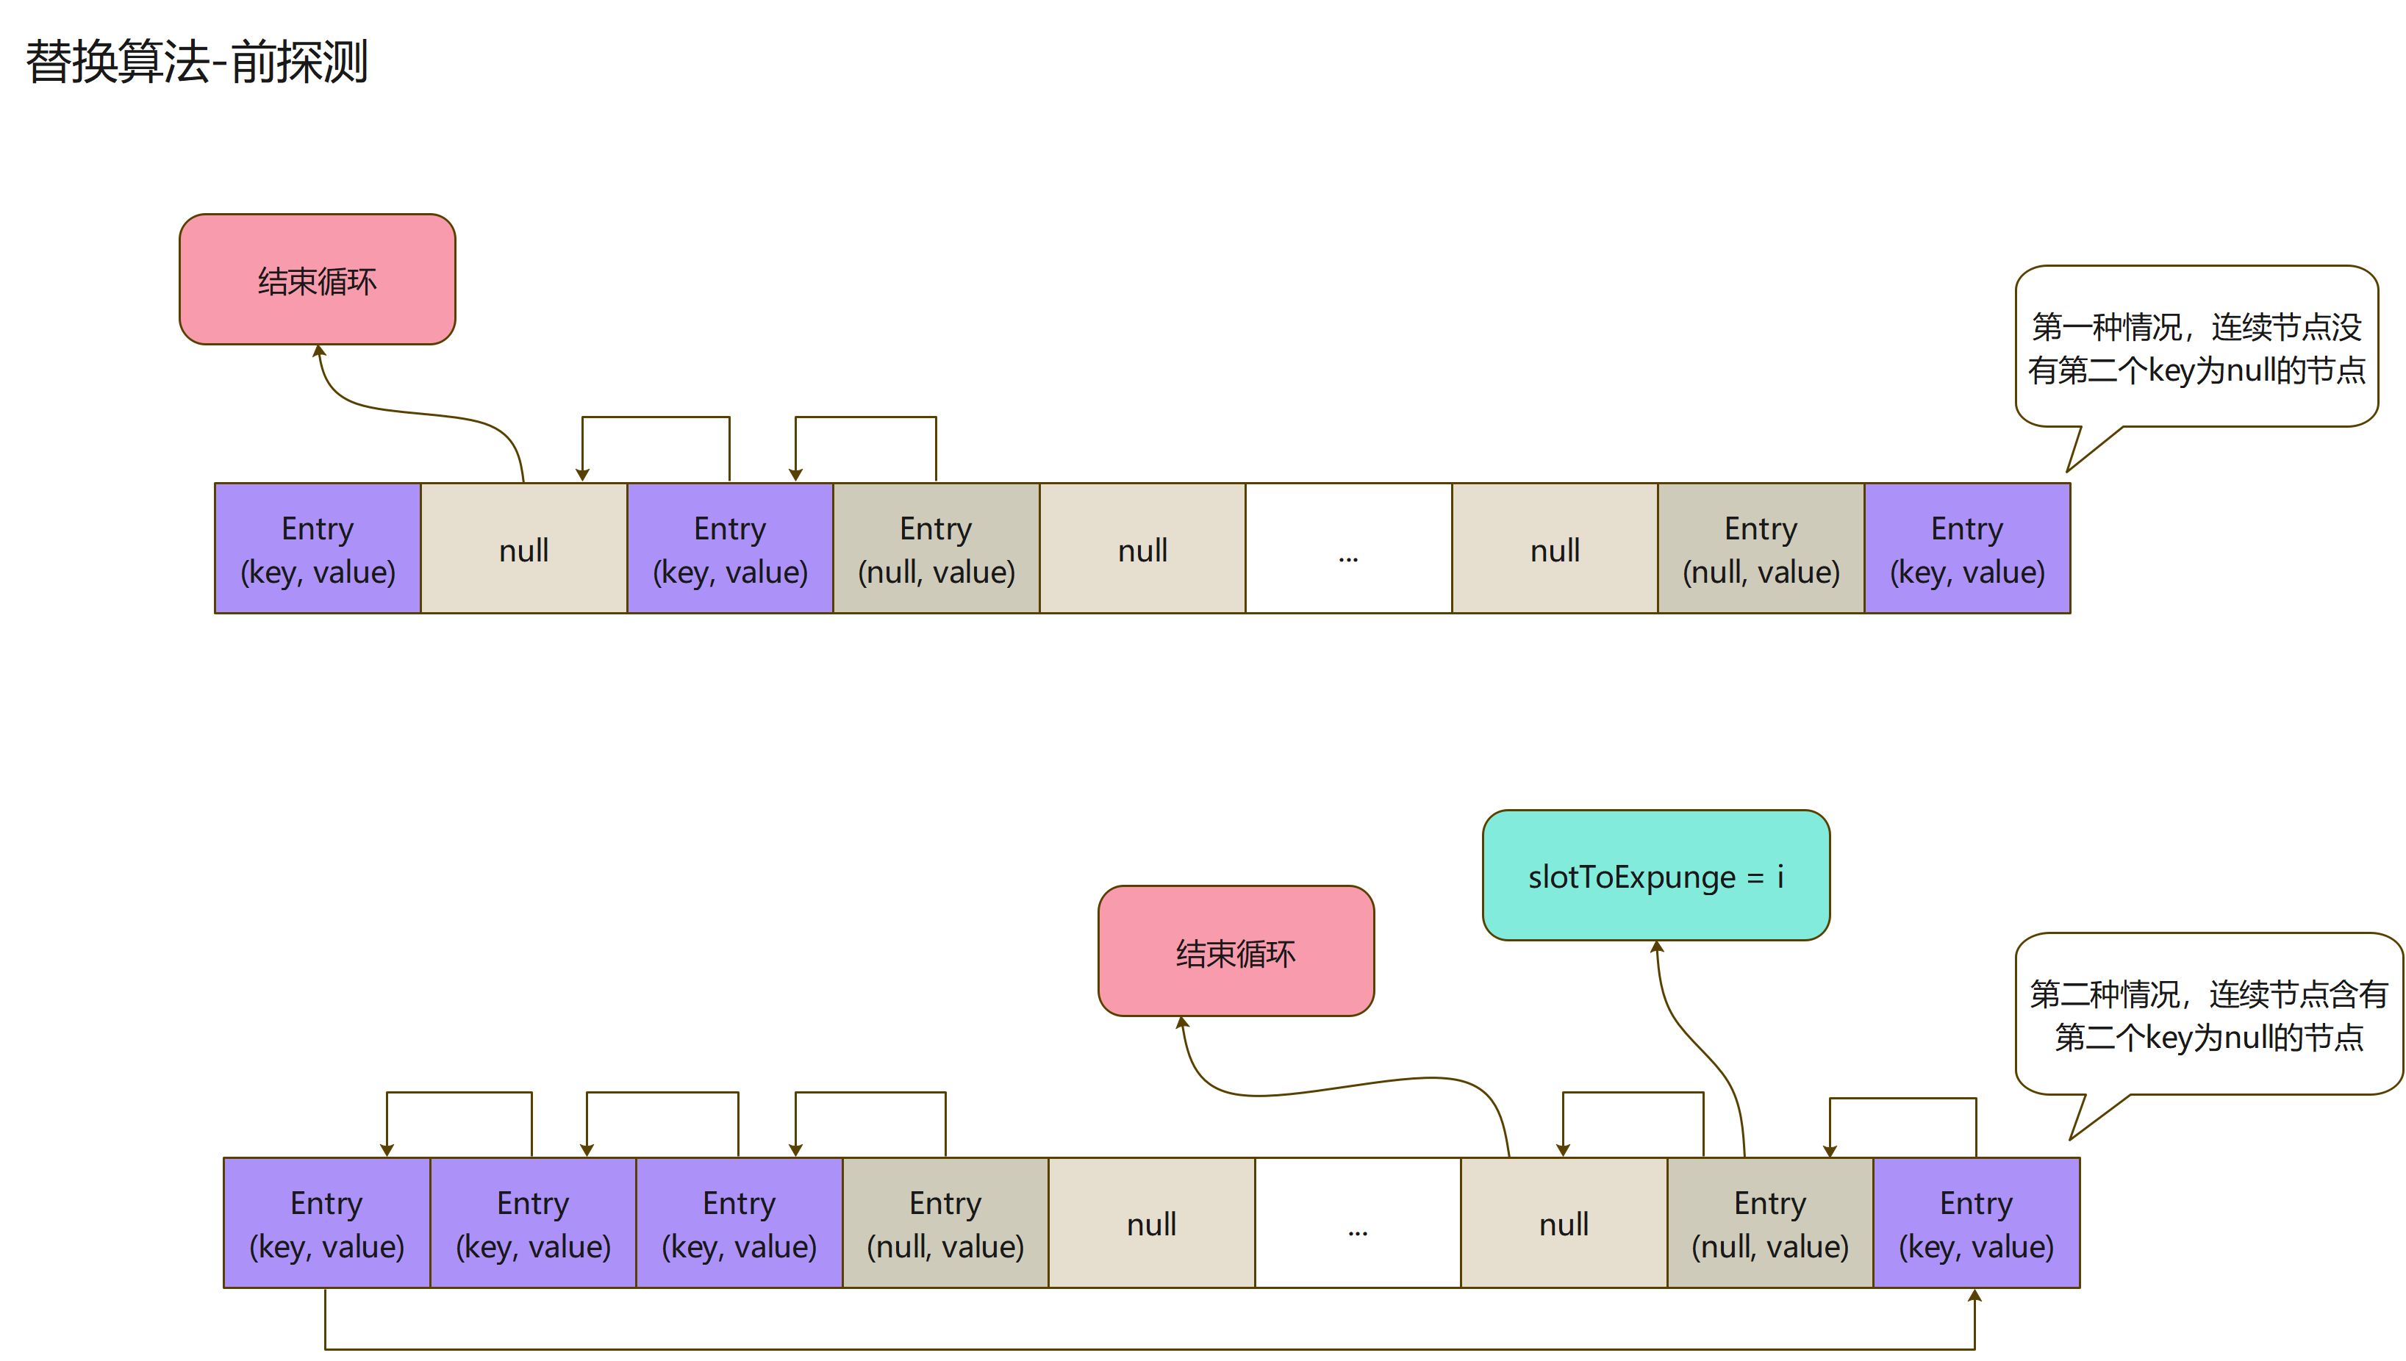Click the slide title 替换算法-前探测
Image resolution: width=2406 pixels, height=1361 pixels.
point(196,62)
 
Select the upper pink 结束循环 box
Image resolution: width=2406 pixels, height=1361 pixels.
point(317,279)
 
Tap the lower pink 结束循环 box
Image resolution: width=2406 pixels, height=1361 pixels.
point(1235,952)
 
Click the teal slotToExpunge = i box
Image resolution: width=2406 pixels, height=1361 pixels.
point(1655,876)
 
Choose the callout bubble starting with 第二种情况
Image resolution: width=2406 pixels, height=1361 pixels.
point(2208,1014)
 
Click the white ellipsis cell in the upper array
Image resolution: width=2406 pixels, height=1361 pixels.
point(1348,549)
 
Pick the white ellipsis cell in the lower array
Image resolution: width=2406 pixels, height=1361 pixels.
point(1357,1223)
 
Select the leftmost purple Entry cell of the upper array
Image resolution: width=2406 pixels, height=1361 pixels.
point(318,549)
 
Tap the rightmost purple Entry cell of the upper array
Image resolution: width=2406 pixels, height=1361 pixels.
point(1966,549)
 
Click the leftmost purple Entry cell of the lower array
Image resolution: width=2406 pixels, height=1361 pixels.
point(326,1223)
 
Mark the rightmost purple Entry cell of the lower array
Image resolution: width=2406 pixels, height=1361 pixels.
point(1976,1223)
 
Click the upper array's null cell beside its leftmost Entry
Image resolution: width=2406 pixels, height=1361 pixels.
point(523,549)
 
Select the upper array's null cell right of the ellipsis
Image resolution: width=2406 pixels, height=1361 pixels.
point(1555,549)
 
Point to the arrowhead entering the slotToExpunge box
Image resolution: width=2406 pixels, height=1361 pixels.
point(1656,947)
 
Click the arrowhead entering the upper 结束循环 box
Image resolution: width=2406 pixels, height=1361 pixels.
point(319,351)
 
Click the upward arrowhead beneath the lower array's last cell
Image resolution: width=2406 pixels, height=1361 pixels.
point(1974,1296)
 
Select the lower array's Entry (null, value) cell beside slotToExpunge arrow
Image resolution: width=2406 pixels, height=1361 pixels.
point(1769,1223)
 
